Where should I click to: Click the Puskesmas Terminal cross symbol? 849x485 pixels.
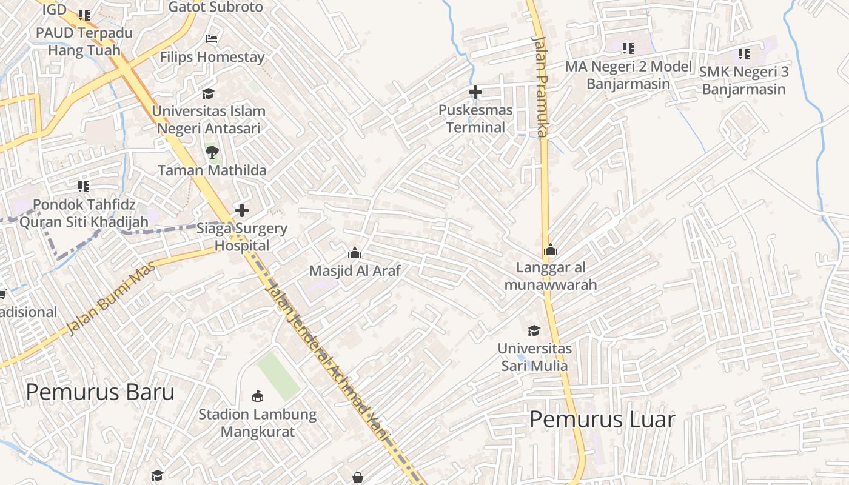tap(475, 92)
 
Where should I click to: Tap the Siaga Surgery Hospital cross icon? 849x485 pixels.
tap(242, 210)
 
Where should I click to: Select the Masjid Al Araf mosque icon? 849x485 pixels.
tap(355, 252)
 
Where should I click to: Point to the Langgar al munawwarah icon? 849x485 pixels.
tap(551, 249)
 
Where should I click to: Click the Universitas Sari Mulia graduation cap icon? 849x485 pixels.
tap(534, 330)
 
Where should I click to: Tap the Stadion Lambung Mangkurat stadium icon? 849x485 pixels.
tap(258, 396)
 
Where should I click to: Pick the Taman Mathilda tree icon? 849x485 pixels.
tap(212, 152)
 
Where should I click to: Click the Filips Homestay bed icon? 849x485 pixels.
tap(212, 39)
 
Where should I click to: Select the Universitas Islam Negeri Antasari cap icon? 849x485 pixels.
tap(208, 93)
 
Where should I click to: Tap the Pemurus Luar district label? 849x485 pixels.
tap(602, 419)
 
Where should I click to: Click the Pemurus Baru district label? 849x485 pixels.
tap(100, 392)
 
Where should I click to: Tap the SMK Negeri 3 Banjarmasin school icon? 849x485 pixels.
tap(744, 54)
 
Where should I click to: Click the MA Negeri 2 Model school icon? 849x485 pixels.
tap(628, 48)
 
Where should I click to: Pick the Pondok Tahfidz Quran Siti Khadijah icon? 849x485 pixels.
tap(84, 186)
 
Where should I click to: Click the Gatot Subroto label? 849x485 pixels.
tap(216, 7)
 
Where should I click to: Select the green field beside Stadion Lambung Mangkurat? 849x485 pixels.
tap(278, 376)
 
